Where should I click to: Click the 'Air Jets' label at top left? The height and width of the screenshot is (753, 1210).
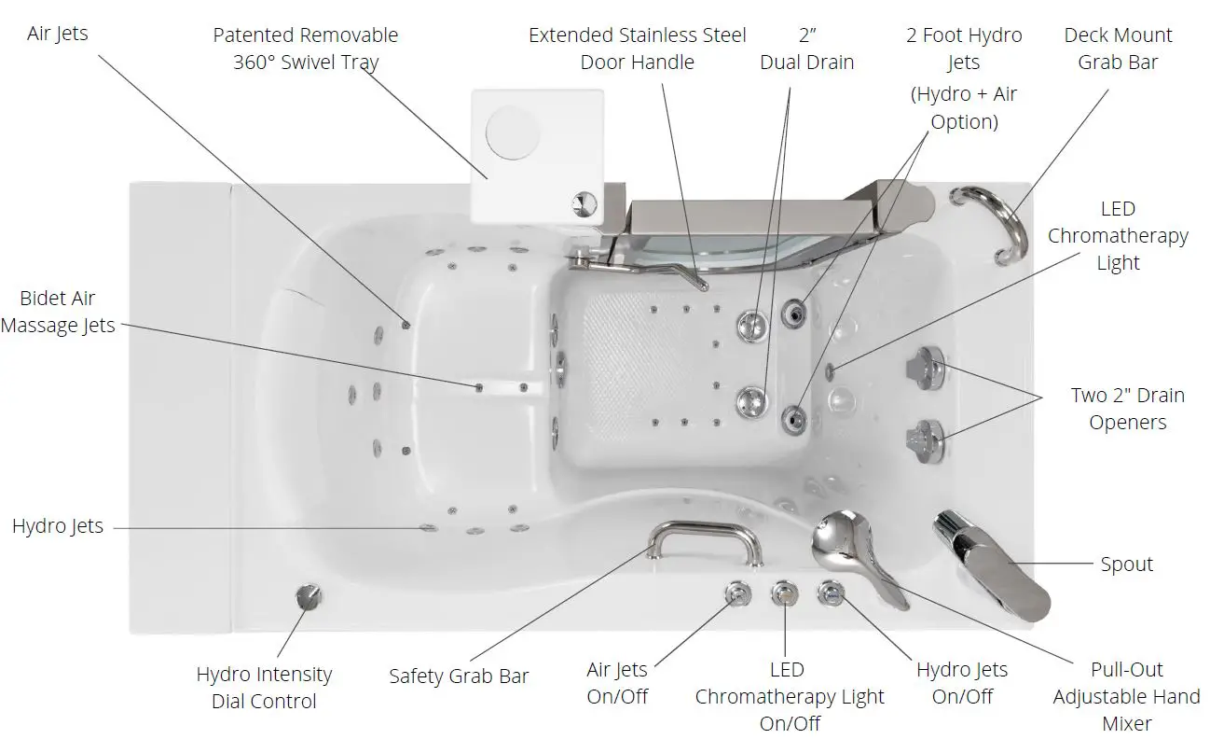[x=58, y=34]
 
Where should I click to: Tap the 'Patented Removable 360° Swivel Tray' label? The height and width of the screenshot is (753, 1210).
[x=305, y=49]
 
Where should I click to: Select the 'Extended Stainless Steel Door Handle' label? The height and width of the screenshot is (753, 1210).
[x=637, y=49]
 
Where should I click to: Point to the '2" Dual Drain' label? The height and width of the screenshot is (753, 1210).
[x=806, y=49]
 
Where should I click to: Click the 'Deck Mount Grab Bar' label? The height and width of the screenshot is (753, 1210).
[x=1118, y=49]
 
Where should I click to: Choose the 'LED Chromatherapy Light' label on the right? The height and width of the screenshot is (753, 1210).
[x=1117, y=235]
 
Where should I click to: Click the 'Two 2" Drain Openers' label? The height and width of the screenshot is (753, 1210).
[x=1127, y=409]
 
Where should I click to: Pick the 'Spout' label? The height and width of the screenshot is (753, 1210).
[x=1126, y=565]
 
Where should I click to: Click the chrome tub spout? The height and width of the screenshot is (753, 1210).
[x=993, y=568]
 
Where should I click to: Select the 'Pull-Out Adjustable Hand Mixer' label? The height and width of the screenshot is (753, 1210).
[x=1126, y=695]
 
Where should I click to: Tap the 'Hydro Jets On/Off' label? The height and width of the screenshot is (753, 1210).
[x=961, y=683]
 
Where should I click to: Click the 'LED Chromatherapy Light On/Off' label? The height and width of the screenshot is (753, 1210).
[x=789, y=696]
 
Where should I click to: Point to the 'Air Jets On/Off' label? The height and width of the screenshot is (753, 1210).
[x=616, y=683]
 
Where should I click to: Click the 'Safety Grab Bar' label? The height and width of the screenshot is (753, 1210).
[x=459, y=676]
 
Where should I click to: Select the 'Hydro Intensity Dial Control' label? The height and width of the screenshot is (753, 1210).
[x=264, y=688]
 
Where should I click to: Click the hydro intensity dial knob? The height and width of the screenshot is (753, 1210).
[x=307, y=597]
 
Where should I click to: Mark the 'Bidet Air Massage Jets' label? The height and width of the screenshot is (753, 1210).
[x=58, y=312]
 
